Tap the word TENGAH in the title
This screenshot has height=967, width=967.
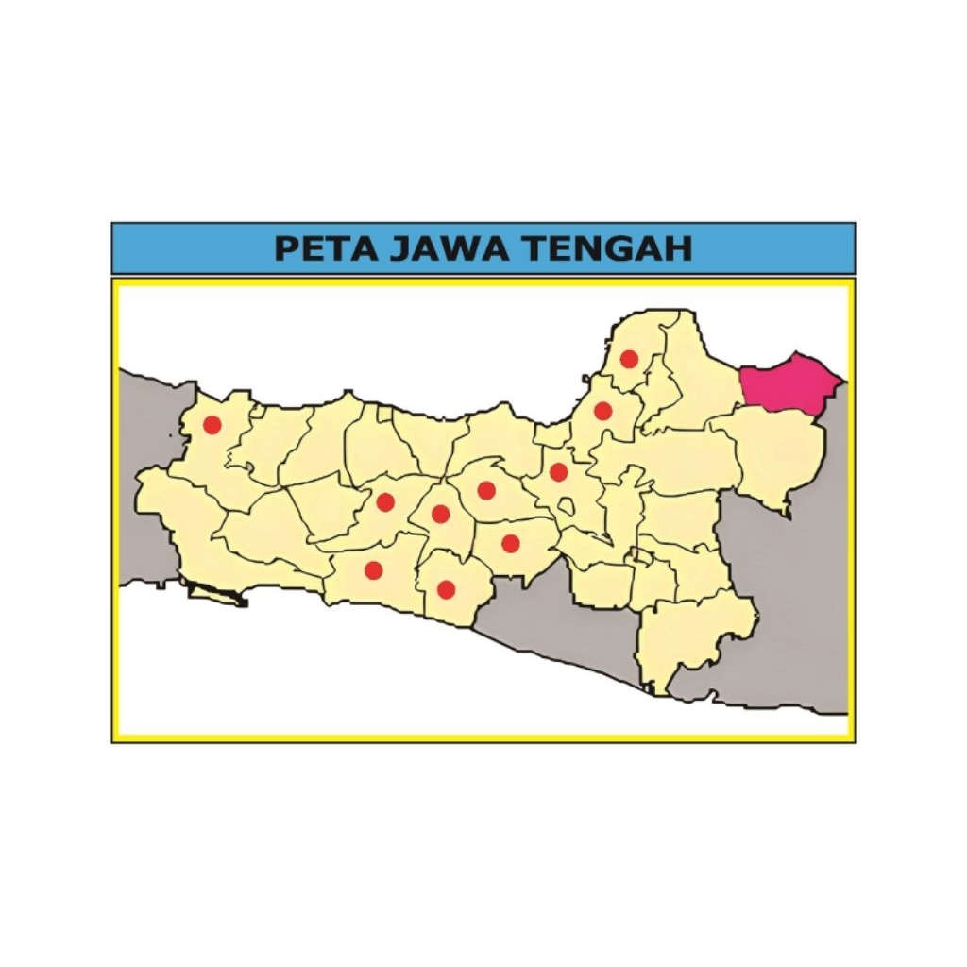(x=607, y=248)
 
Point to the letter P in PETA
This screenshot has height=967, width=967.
(x=286, y=248)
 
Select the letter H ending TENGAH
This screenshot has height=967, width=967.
(x=678, y=248)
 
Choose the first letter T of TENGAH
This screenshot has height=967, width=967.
(x=536, y=248)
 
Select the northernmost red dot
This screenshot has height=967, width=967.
(x=629, y=359)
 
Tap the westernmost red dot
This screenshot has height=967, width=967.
(x=212, y=425)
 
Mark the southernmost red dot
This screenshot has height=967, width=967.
(x=447, y=589)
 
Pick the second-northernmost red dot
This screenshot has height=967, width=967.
(x=602, y=411)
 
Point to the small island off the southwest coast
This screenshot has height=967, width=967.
(x=217, y=593)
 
